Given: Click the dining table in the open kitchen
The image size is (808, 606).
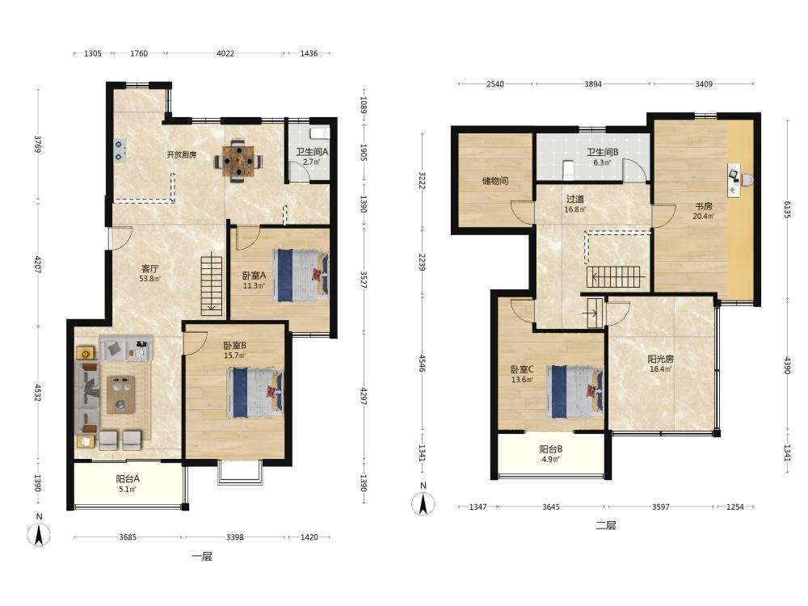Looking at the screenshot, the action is click(238, 161).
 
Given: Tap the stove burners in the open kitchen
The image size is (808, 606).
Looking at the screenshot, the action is click(120, 150).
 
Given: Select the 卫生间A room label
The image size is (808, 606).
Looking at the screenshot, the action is click(312, 152).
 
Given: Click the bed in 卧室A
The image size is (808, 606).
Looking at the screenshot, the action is click(301, 276).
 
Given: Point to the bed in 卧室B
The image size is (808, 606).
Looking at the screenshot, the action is click(255, 392).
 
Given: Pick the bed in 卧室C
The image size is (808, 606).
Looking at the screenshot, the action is click(575, 392).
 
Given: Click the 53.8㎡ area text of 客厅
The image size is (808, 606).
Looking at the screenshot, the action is click(149, 279).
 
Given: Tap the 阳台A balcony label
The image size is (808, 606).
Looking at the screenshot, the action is click(128, 478).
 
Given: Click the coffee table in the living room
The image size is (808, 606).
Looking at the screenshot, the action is click(121, 394).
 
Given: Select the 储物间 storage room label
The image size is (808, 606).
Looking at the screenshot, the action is click(495, 181).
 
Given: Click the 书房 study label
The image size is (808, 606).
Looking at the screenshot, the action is click(704, 206).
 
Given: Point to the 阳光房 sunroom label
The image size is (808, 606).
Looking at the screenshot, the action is click(661, 359).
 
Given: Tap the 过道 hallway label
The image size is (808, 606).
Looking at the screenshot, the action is click(575, 199).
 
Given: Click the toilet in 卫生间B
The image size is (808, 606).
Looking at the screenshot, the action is click(568, 170).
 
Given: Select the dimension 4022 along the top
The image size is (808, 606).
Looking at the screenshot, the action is click(225, 53).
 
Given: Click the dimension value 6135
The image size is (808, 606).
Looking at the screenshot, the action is click(787, 208).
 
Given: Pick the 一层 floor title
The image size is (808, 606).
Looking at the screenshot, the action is click(201, 557).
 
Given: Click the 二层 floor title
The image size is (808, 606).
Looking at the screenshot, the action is click(606, 526).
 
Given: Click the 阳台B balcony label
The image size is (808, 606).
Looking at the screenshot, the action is click(551, 449).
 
